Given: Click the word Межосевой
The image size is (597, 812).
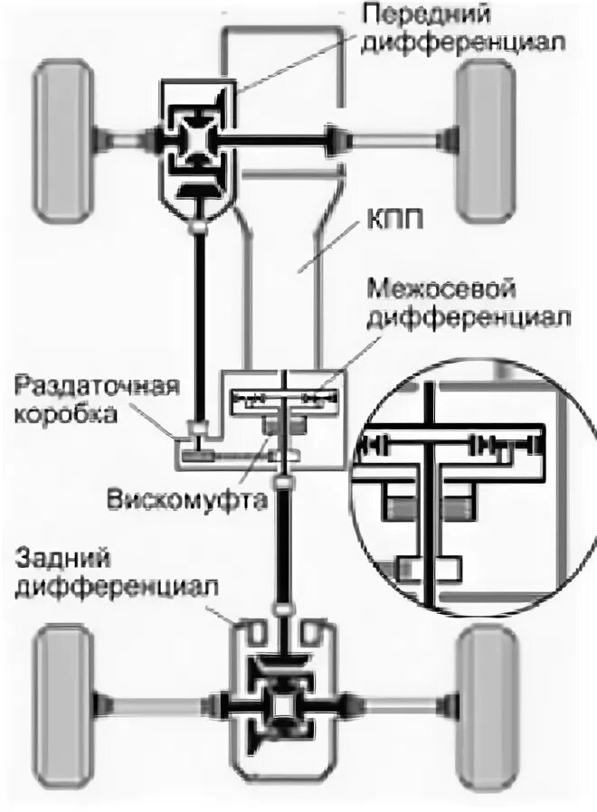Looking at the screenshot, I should [x=442, y=291].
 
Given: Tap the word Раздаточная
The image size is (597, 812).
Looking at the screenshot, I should [x=94, y=388].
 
